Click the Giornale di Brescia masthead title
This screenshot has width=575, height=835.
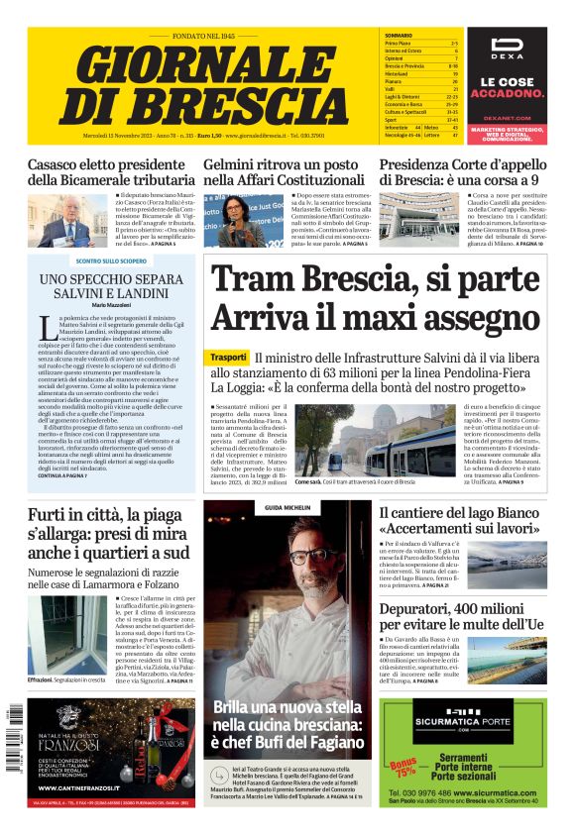[203, 83]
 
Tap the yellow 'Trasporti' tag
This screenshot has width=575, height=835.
[229, 357]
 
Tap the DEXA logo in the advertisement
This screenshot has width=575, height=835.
[508, 51]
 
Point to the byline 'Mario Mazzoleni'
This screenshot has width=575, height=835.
[111, 305]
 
